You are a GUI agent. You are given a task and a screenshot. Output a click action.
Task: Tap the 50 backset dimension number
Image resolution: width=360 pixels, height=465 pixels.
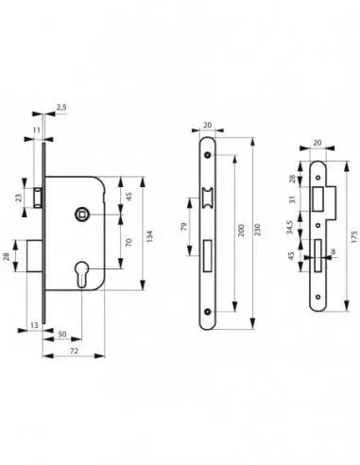click(x=61, y=335)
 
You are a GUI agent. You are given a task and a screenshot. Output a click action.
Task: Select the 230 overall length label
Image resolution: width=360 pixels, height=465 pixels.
click(x=255, y=232)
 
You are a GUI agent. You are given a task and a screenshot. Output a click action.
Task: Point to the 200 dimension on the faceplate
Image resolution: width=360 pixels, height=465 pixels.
click(x=237, y=233)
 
